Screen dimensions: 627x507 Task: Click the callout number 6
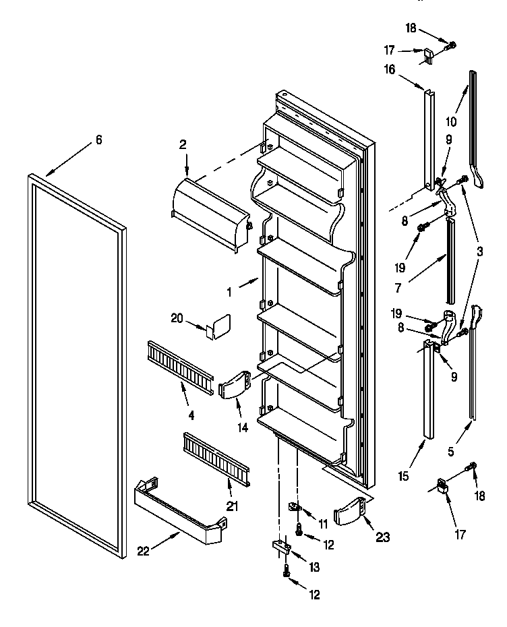(x=98, y=140)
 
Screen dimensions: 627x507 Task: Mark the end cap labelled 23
(x=353, y=512)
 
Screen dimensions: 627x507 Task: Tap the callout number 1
(x=229, y=292)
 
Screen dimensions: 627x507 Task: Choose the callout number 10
(x=451, y=122)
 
